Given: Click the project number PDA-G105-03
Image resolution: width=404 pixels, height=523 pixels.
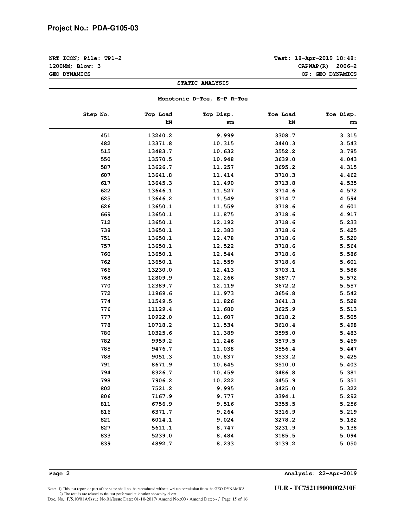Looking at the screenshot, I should (x=115, y=28).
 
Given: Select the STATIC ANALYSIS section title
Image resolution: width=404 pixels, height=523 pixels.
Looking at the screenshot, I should (x=203, y=83).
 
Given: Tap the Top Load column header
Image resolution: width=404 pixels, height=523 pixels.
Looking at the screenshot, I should (x=158, y=114).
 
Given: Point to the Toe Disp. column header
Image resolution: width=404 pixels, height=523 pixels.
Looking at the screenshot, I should (x=341, y=114).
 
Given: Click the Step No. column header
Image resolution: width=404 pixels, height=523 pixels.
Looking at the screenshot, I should (x=97, y=114).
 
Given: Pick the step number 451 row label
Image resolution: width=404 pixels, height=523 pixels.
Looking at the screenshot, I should (x=106, y=136).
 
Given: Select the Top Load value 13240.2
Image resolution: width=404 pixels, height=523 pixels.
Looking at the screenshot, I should (x=160, y=136).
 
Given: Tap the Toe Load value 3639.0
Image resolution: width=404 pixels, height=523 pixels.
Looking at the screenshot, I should (x=285, y=159).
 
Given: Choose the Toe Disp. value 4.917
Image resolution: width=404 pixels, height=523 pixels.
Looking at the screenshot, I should (x=348, y=215).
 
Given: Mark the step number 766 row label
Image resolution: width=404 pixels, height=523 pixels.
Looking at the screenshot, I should (x=106, y=270).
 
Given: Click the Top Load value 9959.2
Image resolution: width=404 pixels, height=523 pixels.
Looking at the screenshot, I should (x=162, y=341).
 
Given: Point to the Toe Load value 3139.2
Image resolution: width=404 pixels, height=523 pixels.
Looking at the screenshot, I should (x=285, y=444).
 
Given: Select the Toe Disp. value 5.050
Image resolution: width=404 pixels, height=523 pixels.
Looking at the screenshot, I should (x=348, y=444).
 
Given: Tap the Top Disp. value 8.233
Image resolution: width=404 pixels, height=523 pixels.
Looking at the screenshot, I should (x=225, y=444).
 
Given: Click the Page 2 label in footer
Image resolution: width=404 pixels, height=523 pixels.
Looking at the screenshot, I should (x=59, y=474).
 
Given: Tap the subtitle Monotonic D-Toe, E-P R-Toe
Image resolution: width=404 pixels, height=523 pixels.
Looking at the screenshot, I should (x=203, y=99).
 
